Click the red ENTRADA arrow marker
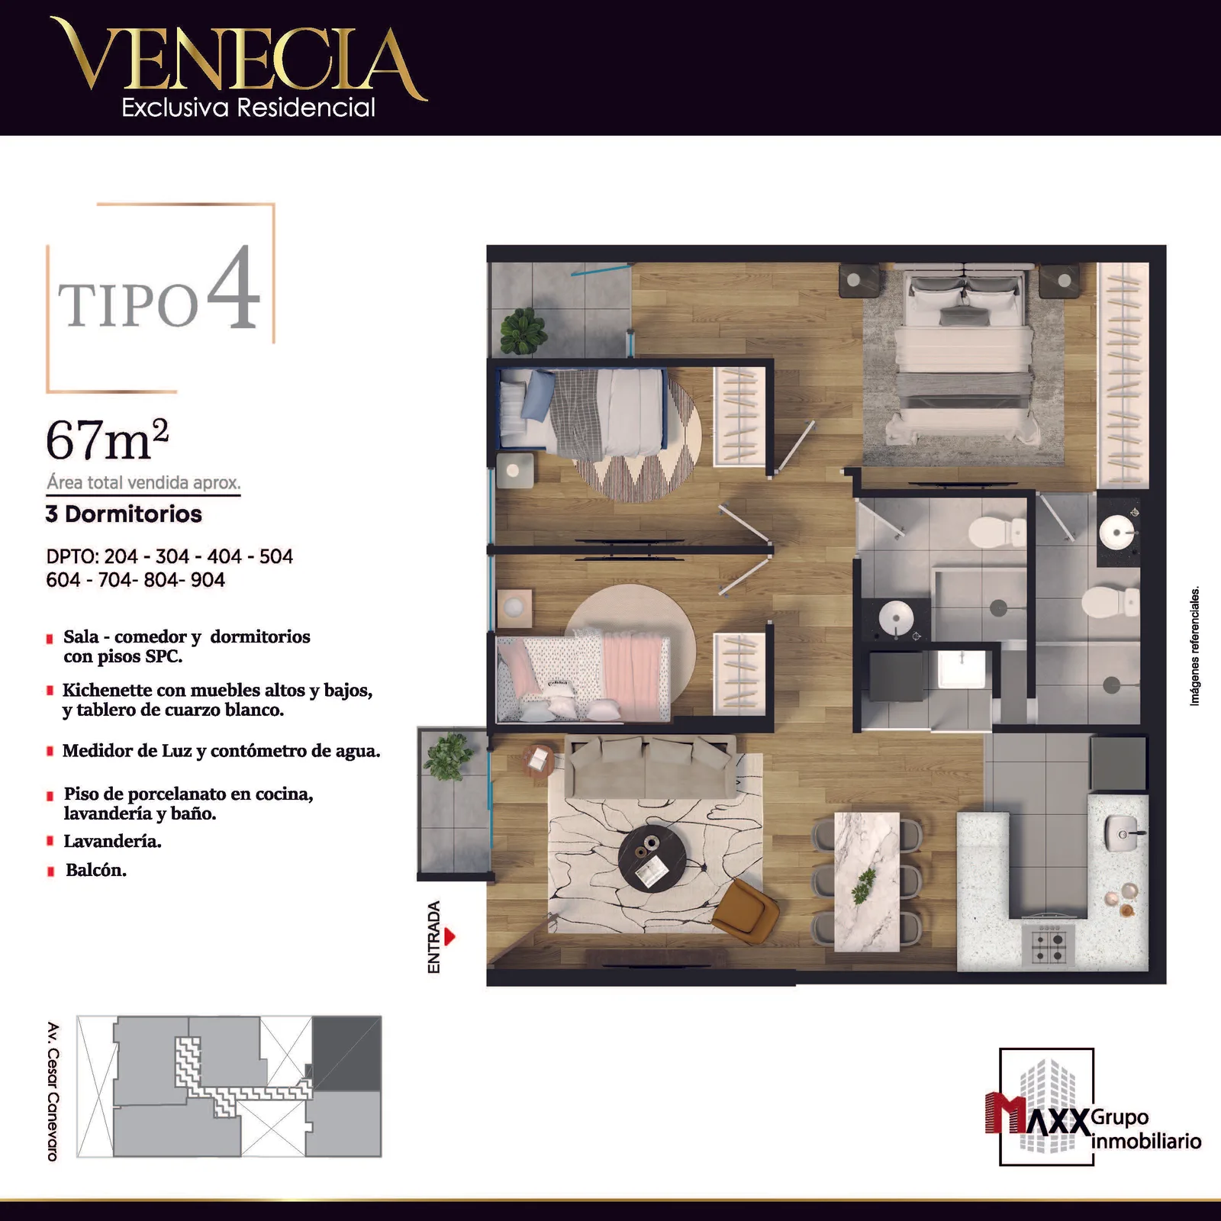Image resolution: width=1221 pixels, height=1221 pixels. pos(449,936)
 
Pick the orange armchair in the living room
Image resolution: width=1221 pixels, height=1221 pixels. pos(746,910)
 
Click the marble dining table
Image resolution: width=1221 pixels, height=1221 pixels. pos(868,882)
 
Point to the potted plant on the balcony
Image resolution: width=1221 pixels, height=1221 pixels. pos(448,755)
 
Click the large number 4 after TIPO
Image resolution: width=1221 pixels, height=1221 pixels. pos(234,287)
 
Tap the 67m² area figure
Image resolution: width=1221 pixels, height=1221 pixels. pos(107,440)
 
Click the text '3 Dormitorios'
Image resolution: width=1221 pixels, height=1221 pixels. pos(124,514)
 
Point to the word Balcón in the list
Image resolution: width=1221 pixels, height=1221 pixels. pos(95,870)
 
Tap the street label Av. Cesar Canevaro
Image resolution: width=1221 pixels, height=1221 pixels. pos(53,1091)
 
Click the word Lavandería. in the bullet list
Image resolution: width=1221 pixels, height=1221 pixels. pos(112,841)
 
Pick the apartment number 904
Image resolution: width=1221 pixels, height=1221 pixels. pos(208,580)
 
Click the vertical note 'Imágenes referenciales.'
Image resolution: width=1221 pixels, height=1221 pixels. pos(1195,646)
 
